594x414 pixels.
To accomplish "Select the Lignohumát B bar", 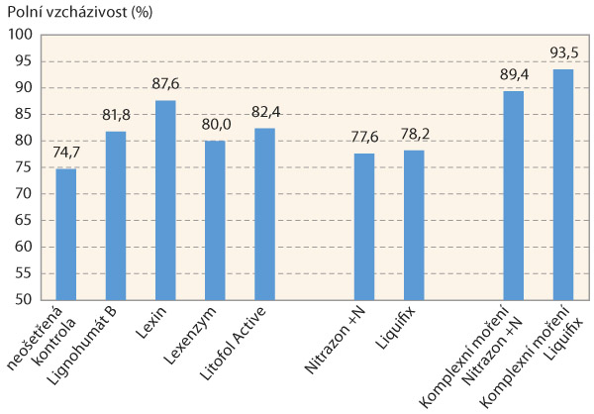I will [116, 215].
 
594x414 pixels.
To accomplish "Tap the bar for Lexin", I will [165, 200].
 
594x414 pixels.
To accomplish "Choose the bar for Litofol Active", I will [264, 213].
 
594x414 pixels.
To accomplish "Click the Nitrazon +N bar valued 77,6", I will [364, 226].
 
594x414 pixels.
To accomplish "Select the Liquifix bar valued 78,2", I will [414, 225].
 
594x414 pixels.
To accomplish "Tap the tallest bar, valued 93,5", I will [562, 184].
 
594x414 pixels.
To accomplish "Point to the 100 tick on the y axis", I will [21, 35].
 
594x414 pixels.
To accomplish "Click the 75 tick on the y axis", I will [25, 167].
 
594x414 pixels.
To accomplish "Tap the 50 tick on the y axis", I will [25, 299].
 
